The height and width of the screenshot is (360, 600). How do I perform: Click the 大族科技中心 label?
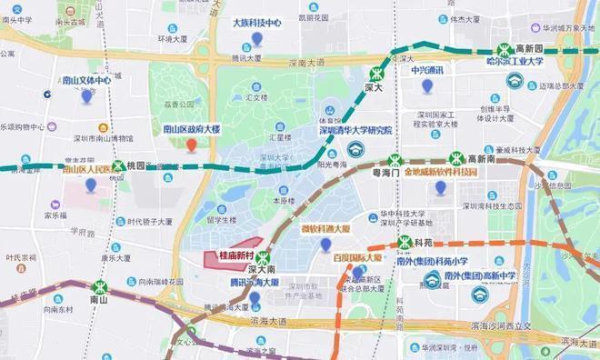(257, 23)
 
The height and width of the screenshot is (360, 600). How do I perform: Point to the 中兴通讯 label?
(426, 70)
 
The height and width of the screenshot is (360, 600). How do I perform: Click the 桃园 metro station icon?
(117, 166)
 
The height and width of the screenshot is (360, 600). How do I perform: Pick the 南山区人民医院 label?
(89, 169)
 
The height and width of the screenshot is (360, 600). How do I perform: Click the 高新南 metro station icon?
(456, 158)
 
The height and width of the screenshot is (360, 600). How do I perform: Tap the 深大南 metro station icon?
(266, 257)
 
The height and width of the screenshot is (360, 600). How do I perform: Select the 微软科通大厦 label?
(325, 229)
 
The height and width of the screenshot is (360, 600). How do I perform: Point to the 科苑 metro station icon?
(404, 244)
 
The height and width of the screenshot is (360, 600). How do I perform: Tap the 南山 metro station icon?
(100, 286)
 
